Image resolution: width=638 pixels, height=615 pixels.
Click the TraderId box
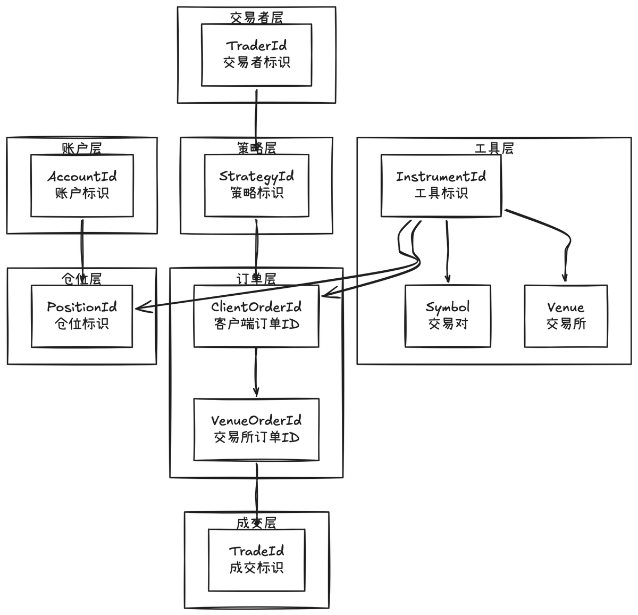click(256, 55)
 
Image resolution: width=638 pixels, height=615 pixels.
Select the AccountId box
click(82, 186)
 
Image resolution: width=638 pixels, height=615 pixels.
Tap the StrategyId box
click(257, 186)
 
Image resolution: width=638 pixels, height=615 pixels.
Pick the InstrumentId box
click(441, 186)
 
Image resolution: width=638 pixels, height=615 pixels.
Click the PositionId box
click(82, 316)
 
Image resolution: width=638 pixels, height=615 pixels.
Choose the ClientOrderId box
click(256, 316)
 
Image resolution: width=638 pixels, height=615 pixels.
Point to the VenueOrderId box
click(256, 429)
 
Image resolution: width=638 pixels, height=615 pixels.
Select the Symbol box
click(448, 316)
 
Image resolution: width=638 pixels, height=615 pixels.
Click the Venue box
click(566, 316)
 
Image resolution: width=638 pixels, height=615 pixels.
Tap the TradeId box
click(256, 560)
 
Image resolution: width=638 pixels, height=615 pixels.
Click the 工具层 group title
click(494, 148)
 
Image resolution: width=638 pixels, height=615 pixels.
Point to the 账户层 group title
click(82, 148)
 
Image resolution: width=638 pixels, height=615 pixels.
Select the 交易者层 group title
click(256, 18)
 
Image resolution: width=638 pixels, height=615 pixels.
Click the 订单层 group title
click(256, 279)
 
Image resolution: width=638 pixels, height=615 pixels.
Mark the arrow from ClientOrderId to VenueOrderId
click(256, 372)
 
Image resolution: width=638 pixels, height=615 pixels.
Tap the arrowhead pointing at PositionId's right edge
click(140, 308)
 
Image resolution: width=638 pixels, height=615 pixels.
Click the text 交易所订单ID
click(256, 438)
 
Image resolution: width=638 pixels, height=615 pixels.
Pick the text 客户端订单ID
click(256, 324)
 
